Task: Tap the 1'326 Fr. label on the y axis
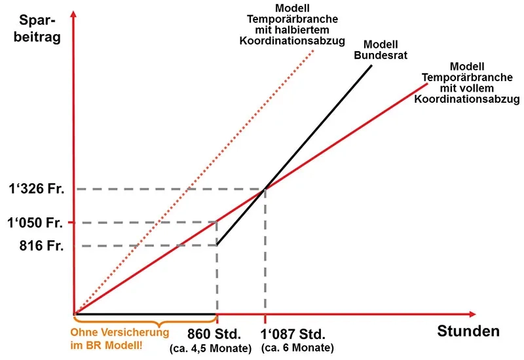click(x=36, y=190)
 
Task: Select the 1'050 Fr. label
click(x=36, y=223)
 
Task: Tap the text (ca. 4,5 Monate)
click(x=212, y=347)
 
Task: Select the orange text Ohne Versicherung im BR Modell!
click(x=119, y=337)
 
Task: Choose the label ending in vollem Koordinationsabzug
click(x=467, y=83)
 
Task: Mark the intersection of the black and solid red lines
click(x=265, y=190)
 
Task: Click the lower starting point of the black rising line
click(x=217, y=246)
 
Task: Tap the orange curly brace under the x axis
click(x=145, y=321)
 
